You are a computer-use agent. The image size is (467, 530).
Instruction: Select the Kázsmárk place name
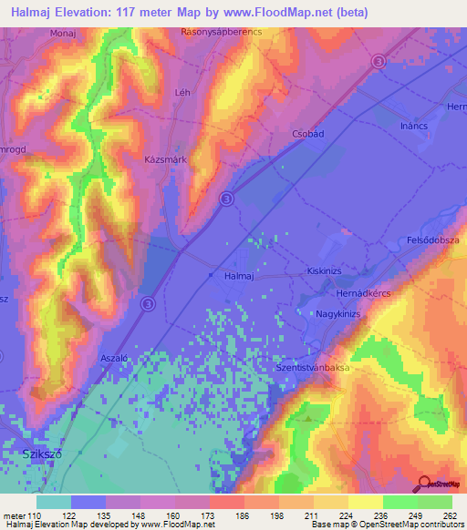click(x=165, y=158)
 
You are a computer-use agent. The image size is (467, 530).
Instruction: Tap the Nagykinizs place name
click(x=338, y=314)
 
